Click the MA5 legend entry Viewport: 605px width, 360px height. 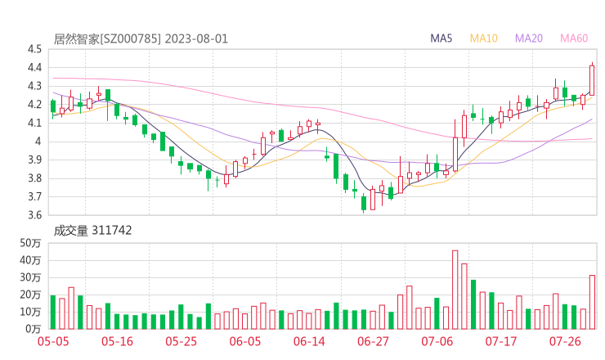click(441, 38)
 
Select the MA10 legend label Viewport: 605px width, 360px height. click(484, 38)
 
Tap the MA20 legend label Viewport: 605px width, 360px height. click(528, 38)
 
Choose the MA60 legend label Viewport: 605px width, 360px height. click(574, 38)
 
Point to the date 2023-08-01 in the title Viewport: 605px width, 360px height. click(195, 38)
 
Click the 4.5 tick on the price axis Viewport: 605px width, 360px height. click(34, 49)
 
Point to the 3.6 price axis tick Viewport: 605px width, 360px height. click(34, 216)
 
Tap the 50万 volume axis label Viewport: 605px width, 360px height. click(31, 244)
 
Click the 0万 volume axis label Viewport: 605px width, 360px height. click(34, 329)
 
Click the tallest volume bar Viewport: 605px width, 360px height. click(455, 290)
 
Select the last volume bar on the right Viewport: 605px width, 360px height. click(592, 302)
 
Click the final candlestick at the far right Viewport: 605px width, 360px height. click(592, 80)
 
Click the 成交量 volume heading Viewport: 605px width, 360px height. click(71, 231)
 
